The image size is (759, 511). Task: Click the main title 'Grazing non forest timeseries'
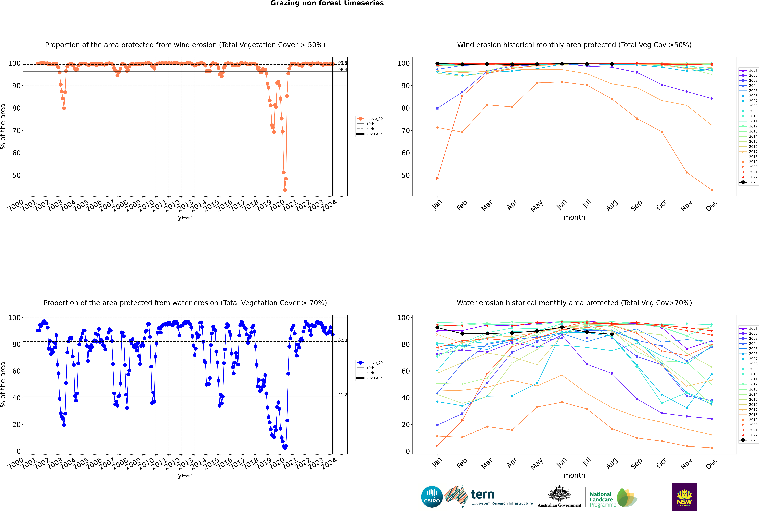click(x=327, y=3)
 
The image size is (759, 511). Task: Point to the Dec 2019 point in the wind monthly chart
click(x=712, y=190)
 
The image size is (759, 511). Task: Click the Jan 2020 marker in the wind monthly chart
click(x=437, y=179)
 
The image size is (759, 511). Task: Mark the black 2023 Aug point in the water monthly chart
click(x=612, y=334)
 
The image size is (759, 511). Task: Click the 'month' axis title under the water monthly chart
click(x=574, y=475)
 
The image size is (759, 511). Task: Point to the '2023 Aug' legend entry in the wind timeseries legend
click(x=374, y=134)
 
